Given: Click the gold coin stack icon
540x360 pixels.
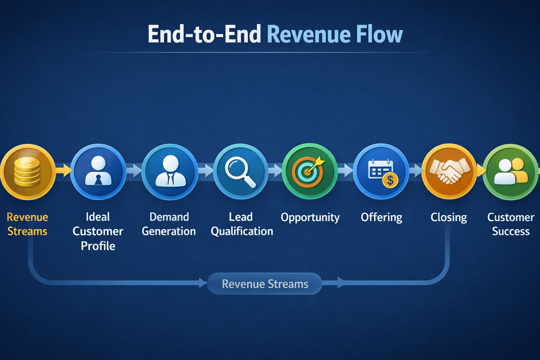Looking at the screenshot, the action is tap(27, 172).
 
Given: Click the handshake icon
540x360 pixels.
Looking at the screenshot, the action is tap(449, 171).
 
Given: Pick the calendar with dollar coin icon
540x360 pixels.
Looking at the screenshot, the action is tap(381, 172).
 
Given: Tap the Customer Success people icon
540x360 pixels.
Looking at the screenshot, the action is tap(510, 172).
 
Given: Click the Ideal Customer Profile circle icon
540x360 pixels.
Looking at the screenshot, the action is tap(98, 172).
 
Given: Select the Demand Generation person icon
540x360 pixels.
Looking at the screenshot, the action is tap(170, 172).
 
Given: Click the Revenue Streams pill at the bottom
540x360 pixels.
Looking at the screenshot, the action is tap(265, 284).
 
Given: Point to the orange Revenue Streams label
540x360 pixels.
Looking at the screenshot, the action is tap(27, 224).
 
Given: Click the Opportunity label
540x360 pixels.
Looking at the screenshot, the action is tap(310, 218).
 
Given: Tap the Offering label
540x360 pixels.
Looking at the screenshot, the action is tap(381, 218).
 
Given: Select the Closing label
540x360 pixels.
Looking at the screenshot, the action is tap(449, 218).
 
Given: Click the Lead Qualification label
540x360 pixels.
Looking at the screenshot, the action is tap(242, 224).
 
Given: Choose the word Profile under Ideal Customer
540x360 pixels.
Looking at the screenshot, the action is tap(98, 246).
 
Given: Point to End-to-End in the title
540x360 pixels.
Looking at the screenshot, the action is tap(204, 34).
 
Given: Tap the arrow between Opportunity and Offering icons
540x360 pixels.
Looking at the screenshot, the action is tap(346, 171).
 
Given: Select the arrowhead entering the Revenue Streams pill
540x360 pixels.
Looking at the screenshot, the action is tap(203, 283).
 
